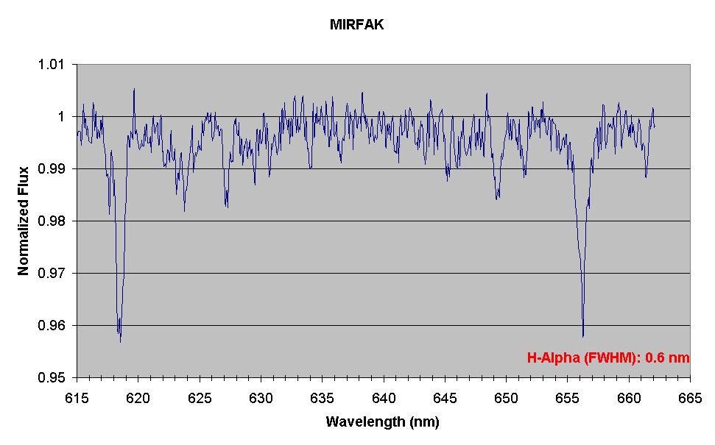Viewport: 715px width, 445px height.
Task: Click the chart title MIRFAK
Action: click(x=357, y=25)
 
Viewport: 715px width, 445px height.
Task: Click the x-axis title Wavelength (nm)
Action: click(x=383, y=422)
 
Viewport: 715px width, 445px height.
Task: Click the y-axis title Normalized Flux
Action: click(x=24, y=221)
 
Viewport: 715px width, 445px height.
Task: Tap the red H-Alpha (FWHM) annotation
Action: click(x=608, y=358)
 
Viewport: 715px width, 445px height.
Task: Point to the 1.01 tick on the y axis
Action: click(x=52, y=65)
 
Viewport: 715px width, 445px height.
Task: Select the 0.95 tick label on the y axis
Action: click(x=52, y=378)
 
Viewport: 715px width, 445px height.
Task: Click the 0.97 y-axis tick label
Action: click(x=52, y=274)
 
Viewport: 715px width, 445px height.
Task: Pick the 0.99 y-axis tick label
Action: click(x=52, y=169)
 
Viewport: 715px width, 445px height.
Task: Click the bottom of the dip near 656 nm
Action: click(x=582, y=336)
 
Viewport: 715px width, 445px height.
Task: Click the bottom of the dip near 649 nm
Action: click(x=497, y=199)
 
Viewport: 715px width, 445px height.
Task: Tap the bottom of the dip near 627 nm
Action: click(x=227, y=207)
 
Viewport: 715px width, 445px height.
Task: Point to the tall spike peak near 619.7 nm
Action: click(x=134, y=89)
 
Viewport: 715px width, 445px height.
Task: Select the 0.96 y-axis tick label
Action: click(x=52, y=326)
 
